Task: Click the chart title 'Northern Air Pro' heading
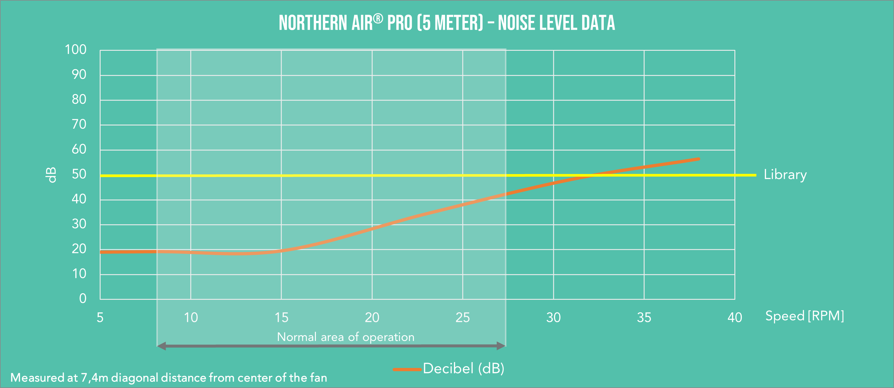447,23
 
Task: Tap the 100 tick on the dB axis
76,50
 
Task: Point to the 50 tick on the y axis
79,174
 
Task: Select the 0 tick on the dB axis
83,299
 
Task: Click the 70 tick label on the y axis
79,124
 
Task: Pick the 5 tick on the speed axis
100,317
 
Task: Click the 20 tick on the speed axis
372,317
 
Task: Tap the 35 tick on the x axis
644,317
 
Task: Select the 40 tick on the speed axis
735,317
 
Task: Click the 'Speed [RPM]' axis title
804,316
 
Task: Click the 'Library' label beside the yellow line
785,175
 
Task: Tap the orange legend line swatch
407,369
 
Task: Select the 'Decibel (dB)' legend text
463,369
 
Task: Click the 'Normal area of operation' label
346,337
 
